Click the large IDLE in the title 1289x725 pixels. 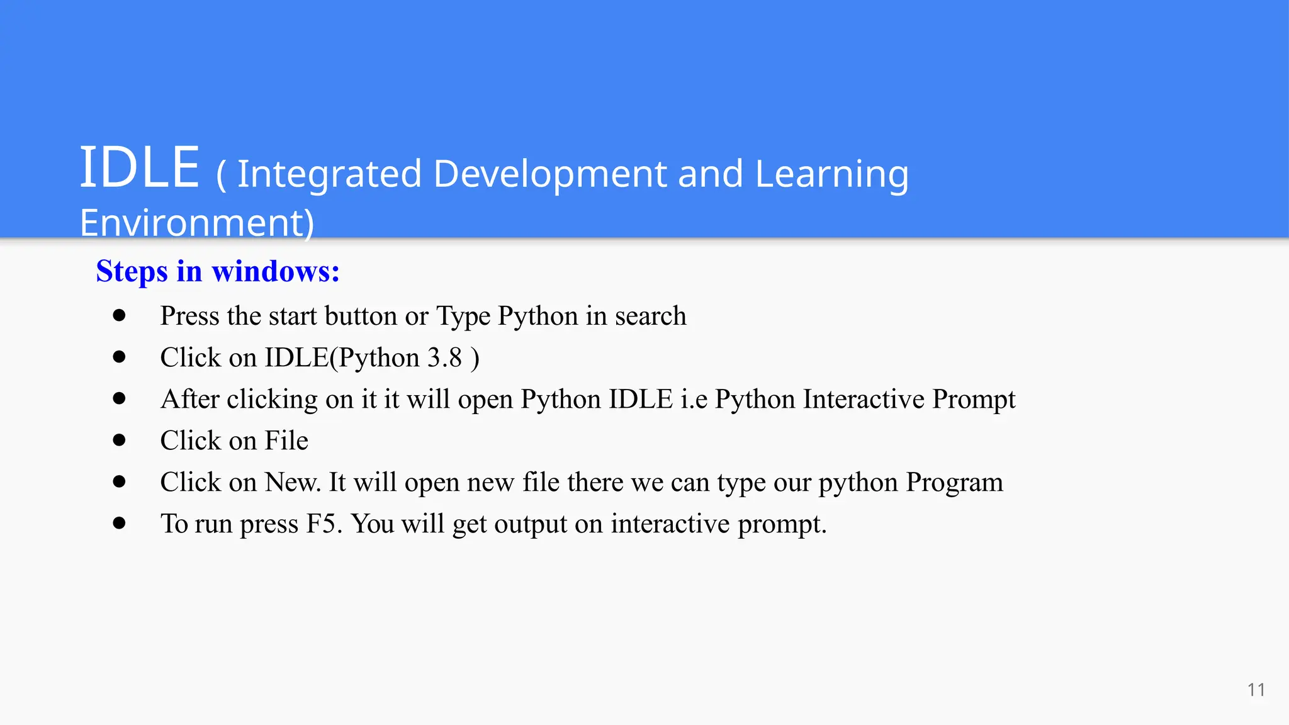click(139, 167)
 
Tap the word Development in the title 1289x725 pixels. click(550, 174)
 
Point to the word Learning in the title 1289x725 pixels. click(831, 174)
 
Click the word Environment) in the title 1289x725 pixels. click(196, 223)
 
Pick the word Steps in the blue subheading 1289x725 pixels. click(132, 272)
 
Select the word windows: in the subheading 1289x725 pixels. click(276, 272)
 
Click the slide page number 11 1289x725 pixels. click(1256, 690)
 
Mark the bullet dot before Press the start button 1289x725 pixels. click(119, 315)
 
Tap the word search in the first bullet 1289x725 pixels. click(650, 316)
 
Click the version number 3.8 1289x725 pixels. click(444, 357)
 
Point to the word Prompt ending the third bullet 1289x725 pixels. click(974, 399)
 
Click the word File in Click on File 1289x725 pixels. click(286, 441)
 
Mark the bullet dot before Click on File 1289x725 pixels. click(119, 440)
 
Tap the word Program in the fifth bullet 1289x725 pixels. click(954, 483)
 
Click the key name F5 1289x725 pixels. click(322, 524)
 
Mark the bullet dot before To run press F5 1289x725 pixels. click(119, 523)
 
